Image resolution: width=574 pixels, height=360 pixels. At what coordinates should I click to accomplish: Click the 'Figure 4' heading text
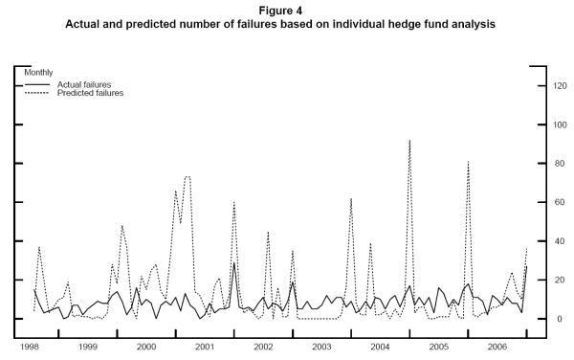pos(287,10)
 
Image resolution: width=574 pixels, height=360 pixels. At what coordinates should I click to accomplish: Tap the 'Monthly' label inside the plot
pos(39,73)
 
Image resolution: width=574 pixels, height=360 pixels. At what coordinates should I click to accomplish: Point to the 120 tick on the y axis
pos(550,86)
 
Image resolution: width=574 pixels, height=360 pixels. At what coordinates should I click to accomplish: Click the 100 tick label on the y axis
pos(550,125)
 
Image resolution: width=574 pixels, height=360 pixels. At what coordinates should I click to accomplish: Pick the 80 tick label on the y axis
pos(548,164)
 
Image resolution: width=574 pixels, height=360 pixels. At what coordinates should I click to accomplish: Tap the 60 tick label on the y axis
pos(548,203)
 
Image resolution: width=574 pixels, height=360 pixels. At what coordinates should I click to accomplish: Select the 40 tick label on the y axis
pos(548,241)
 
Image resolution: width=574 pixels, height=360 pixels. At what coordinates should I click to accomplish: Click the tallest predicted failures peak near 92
pos(409,141)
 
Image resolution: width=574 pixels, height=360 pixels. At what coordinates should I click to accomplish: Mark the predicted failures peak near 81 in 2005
pos(468,162)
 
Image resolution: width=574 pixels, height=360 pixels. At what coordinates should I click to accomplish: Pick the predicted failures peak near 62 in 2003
pos(351,199)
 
